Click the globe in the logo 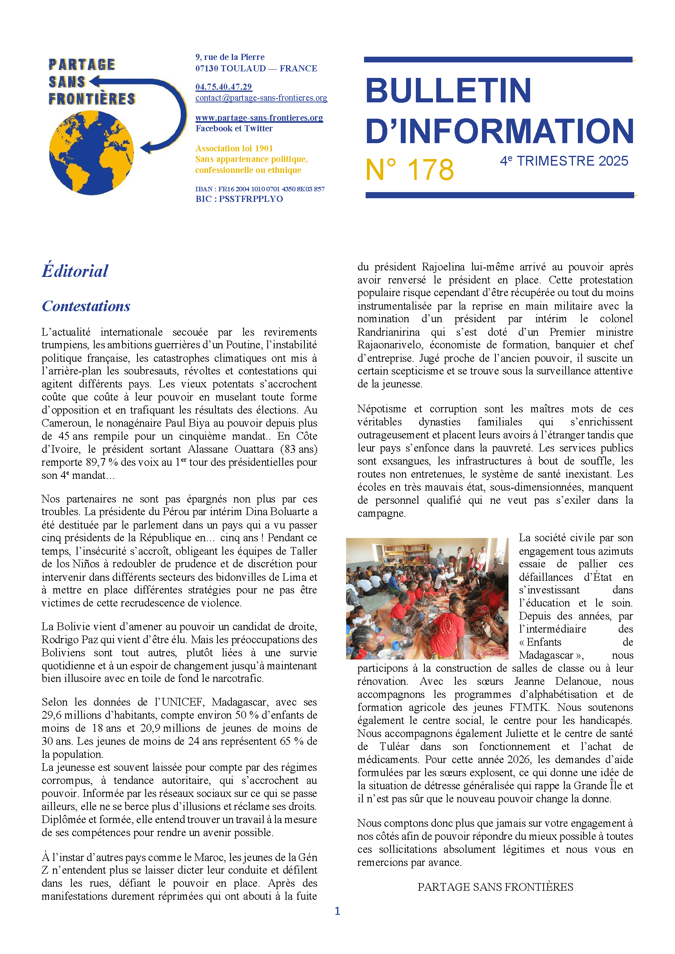(91, 152)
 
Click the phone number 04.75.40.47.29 (224, 87)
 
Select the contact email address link (261, 98)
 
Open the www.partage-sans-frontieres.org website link (259, 117)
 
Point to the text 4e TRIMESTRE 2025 (564, 161)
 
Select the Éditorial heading (75, 271)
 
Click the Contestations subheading (86, 306)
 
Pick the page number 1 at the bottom (337, 911)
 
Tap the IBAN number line (260, 189)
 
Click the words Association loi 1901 (234, 148)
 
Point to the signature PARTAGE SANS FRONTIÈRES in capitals (495, 887)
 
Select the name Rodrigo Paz (69, 640)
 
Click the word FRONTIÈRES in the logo (92, 99)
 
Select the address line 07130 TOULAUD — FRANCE (256, 69)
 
